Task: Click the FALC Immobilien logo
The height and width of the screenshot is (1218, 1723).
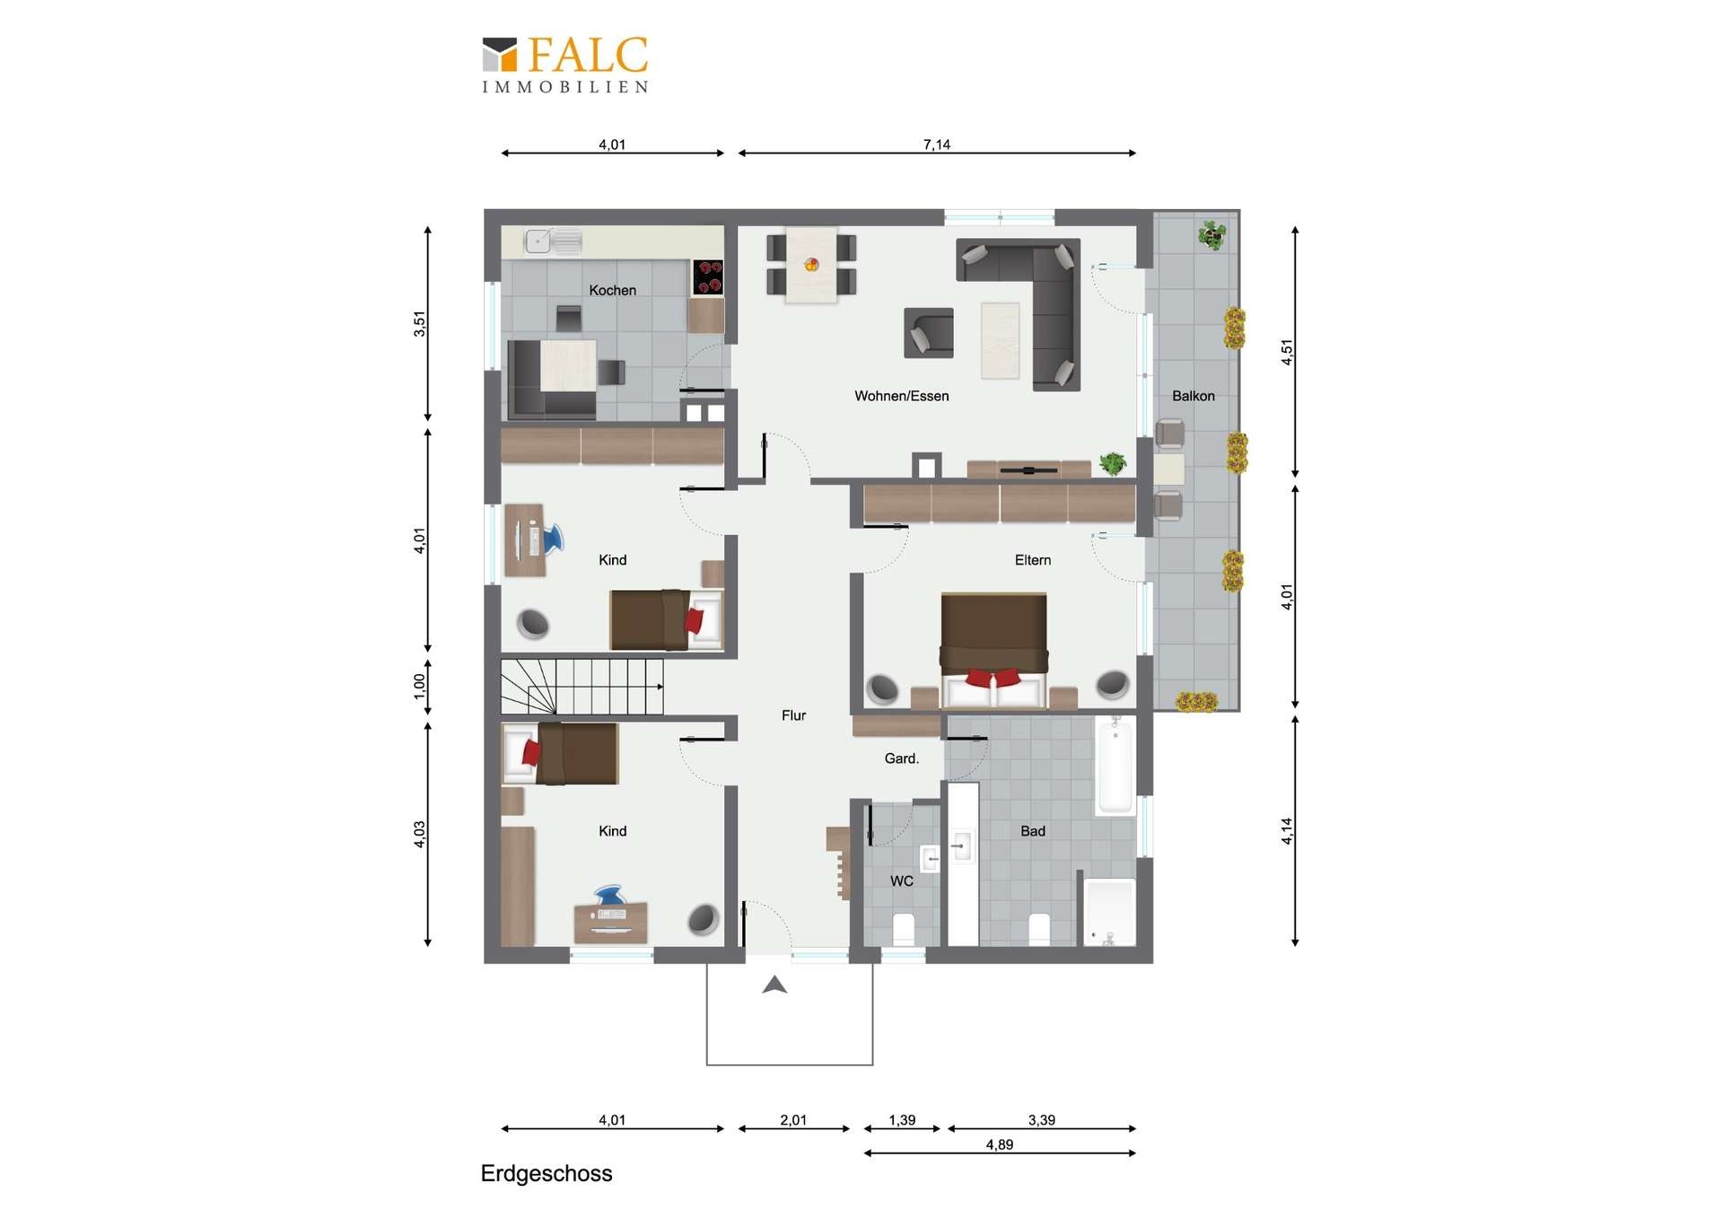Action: (564, 65)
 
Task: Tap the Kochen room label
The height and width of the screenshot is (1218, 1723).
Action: (612, 290)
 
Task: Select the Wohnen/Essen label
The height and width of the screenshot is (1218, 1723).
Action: (901, 396)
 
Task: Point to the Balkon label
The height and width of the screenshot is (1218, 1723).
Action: (1193, 396)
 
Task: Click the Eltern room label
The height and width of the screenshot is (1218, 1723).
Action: (1032, 560)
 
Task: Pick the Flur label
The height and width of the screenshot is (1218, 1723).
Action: (793, 715)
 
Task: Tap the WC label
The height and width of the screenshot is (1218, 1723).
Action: (901, 881)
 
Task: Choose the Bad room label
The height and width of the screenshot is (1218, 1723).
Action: (1032, 831)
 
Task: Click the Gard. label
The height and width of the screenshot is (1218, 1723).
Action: (901, 758)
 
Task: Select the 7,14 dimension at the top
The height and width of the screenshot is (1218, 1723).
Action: (936, 145)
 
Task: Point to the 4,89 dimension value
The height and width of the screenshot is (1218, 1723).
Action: (999, 1144)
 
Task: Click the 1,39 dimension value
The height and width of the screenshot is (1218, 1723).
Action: (902, 1120)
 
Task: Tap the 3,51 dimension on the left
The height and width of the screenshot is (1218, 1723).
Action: (419, 323)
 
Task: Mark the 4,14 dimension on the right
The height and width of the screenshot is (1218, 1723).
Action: (1287, 831)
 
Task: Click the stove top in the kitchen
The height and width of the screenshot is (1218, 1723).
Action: (708, 277)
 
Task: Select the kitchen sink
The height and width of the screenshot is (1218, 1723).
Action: (553, 241)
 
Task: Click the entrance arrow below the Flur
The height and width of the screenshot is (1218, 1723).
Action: (774, 986)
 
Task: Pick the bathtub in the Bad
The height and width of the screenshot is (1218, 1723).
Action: (1115, 766)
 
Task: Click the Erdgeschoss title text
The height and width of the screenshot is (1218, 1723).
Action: (546, 1174)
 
